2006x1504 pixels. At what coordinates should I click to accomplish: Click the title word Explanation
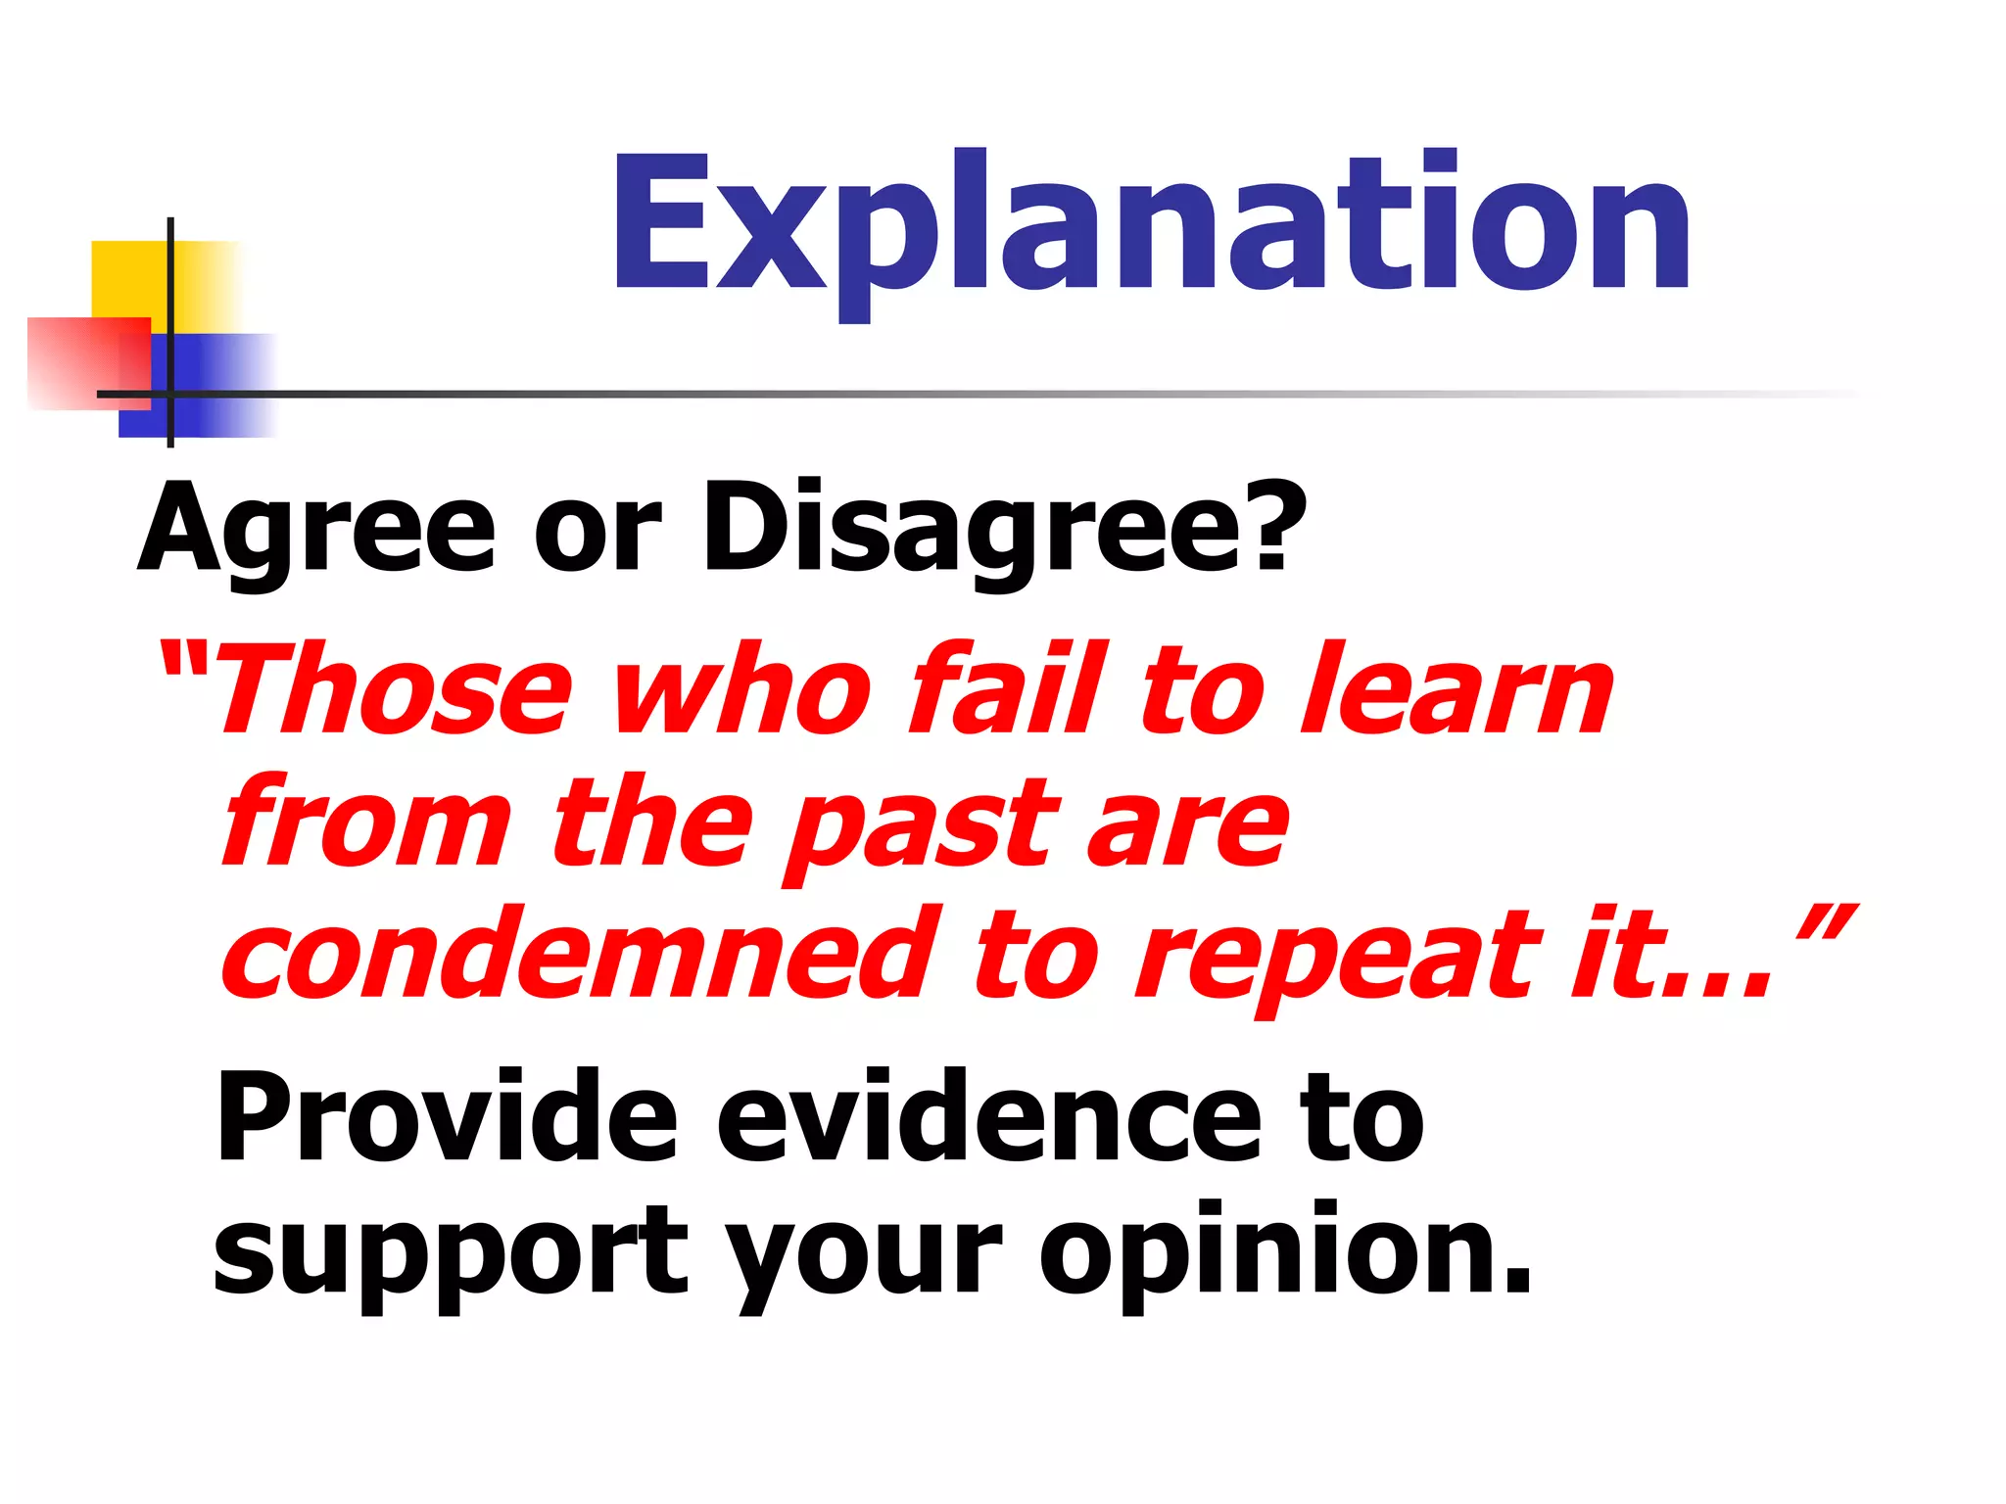coord(1152,223)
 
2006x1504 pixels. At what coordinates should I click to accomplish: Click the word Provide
coord(447,1116)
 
